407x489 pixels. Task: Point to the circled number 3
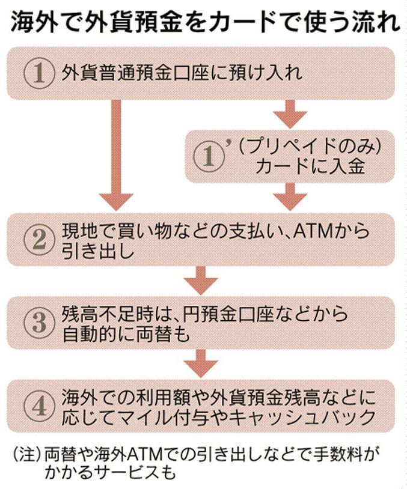click(x=38, y=324)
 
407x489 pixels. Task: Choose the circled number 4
click(x=38, y=407)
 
